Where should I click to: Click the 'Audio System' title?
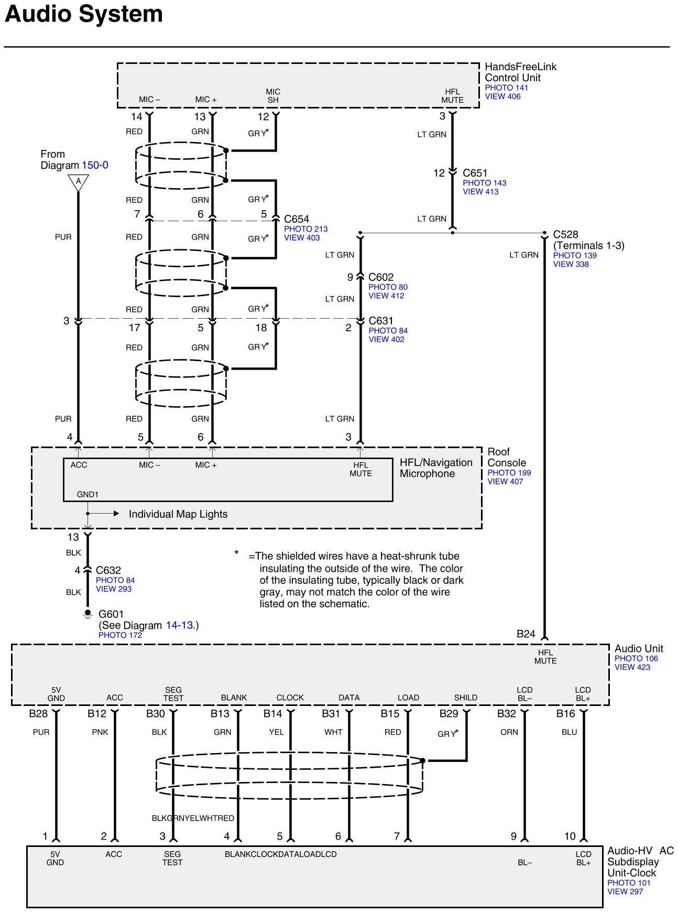pyautogui.click(x=84, y=14)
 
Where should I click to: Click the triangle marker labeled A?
pyautogui.click(x=78, y=182)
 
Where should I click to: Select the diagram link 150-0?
pyautogui.click(x=95, y=165)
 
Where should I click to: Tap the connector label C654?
pyautogui.click(x=297, y=219)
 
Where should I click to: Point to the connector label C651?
pyautogui.click(x=475, y=173)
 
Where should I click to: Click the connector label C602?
pyautogui.click(x=381, y=277)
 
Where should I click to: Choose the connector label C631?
pyautogui.click(x=381, y=321)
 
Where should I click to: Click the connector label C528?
pyautogui.click(x=566, y=234)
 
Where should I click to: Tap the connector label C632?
pyautogui.click(x=108, y=570)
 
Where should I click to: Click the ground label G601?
pyautogui.click(x=111, y=614)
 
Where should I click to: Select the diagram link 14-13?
pyautogui.click(x=180, y=625)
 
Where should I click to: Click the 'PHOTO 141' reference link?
pyautogui.click(x=506, y=88)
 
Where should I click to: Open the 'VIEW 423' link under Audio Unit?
pyautogui.click(x=632, y=667)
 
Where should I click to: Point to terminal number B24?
pyautogui.click(x=526, y=634)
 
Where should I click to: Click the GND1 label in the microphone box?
pyautogui.click(x=88, y=494)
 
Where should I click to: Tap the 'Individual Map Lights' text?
pyautogui.click(x=178, y=514)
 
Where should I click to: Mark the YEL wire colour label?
pyautogui.click(x=276, y=732)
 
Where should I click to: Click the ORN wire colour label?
pyautogui.click(x=509, y=732)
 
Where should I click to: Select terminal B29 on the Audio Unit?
pyautogui.click(x=449, y=714)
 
